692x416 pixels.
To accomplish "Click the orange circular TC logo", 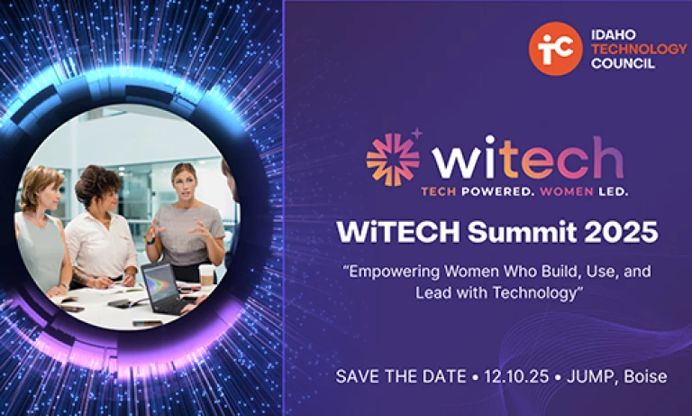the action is pyautogui.click(x=556, y=49).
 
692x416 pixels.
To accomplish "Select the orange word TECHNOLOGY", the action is pyautogui.click(x=639, y=49).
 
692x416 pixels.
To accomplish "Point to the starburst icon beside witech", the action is pyautogui.click(x=393, y=159).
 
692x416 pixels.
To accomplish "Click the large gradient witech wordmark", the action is pyautogui.click(x=528, y=157).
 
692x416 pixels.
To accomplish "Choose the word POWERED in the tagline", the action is pyautogui.click(x=496, y=191).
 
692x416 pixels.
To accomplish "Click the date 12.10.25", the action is pyautogui.click(x=516, y=376).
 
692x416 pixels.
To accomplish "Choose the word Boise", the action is pyautogui.click(x=646, y=376).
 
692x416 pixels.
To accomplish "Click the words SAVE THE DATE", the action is pyautogui.click(x=401, y=376).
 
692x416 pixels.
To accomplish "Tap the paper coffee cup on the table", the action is pyautogui.click(x=206, y=275).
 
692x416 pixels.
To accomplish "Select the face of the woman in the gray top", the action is pyautogui.click(x=185, y=182).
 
